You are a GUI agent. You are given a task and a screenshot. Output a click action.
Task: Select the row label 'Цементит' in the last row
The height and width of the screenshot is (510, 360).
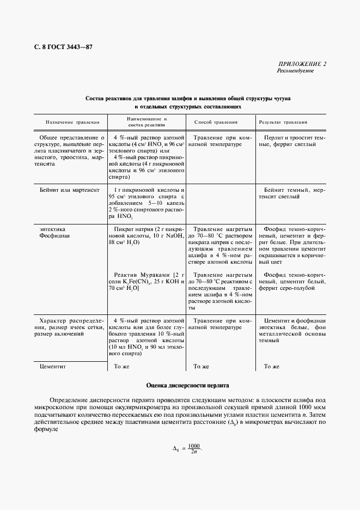point(53,367)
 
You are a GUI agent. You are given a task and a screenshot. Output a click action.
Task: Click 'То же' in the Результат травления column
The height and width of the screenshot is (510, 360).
point(271,367)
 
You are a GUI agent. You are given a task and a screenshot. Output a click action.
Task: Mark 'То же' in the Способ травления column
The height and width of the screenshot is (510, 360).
point(201,367)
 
